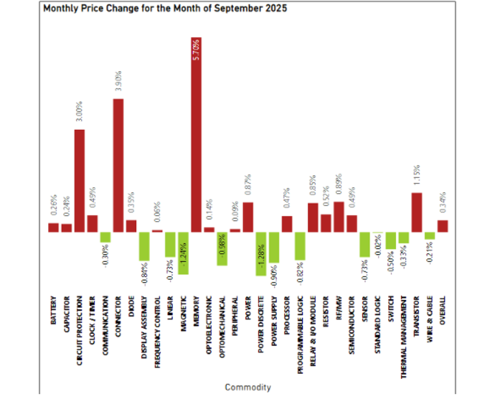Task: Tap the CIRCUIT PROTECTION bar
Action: [x=79, y=181]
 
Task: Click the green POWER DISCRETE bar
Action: [x=261, y=254]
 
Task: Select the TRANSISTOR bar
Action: [x=417, y=212]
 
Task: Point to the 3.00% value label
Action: [x=79, y=112]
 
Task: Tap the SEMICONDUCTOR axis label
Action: [x=352, y=322]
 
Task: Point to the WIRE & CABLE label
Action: [x=430, y=316]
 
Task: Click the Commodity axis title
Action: [x=247, y=387]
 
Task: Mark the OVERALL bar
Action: [x=442, y=226]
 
